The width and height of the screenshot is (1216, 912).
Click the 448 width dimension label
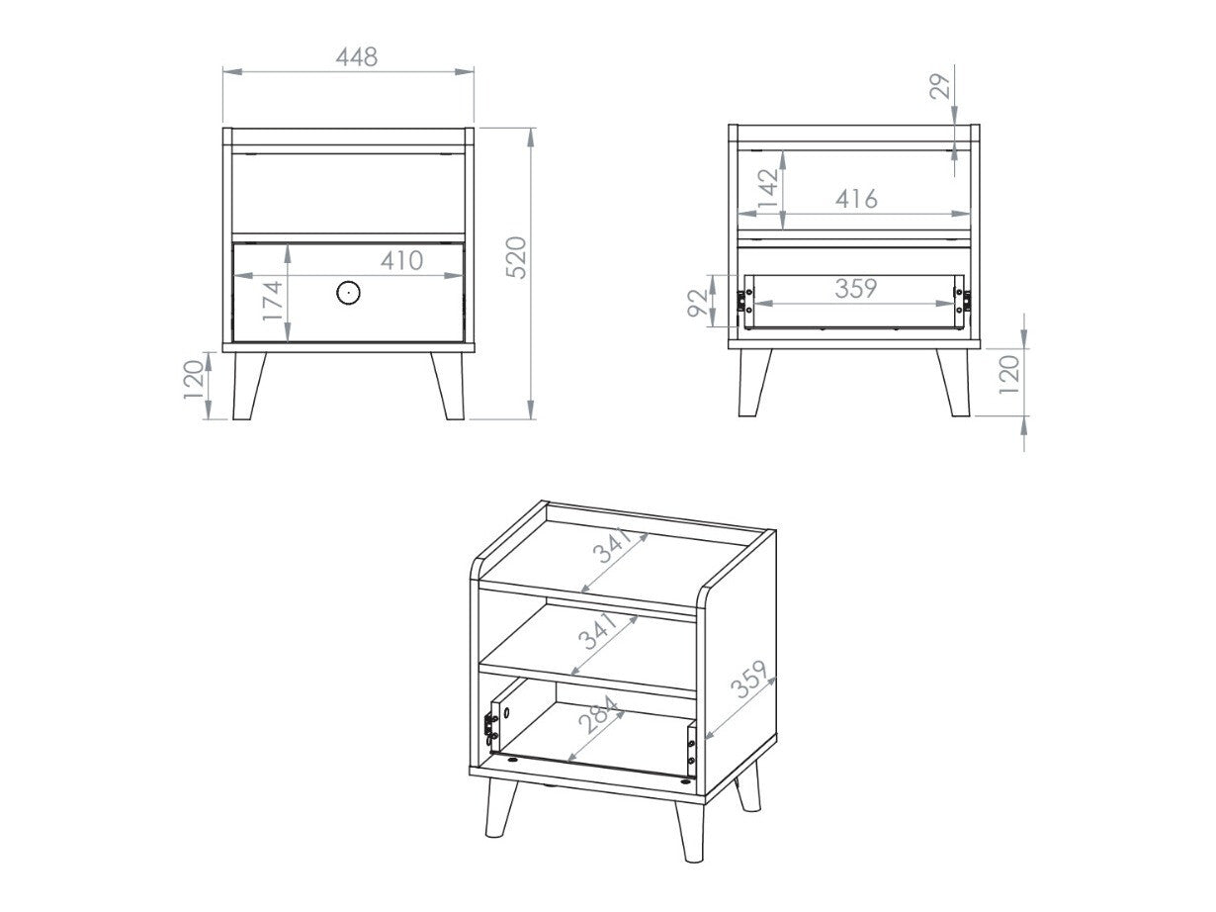coord(356,57)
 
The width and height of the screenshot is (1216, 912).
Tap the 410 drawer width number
coord(402,261)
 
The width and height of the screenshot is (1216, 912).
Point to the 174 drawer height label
coord(272,300)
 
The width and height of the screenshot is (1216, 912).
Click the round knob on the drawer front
coord(348,292)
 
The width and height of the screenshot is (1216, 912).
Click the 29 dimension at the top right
coord(941,85)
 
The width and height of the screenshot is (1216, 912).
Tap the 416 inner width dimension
coord(855,199)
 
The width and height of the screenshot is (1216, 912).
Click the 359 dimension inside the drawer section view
coord(855,289)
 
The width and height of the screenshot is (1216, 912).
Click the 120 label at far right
coord(1009,376)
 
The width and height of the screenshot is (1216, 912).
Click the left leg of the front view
coord(247,386)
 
